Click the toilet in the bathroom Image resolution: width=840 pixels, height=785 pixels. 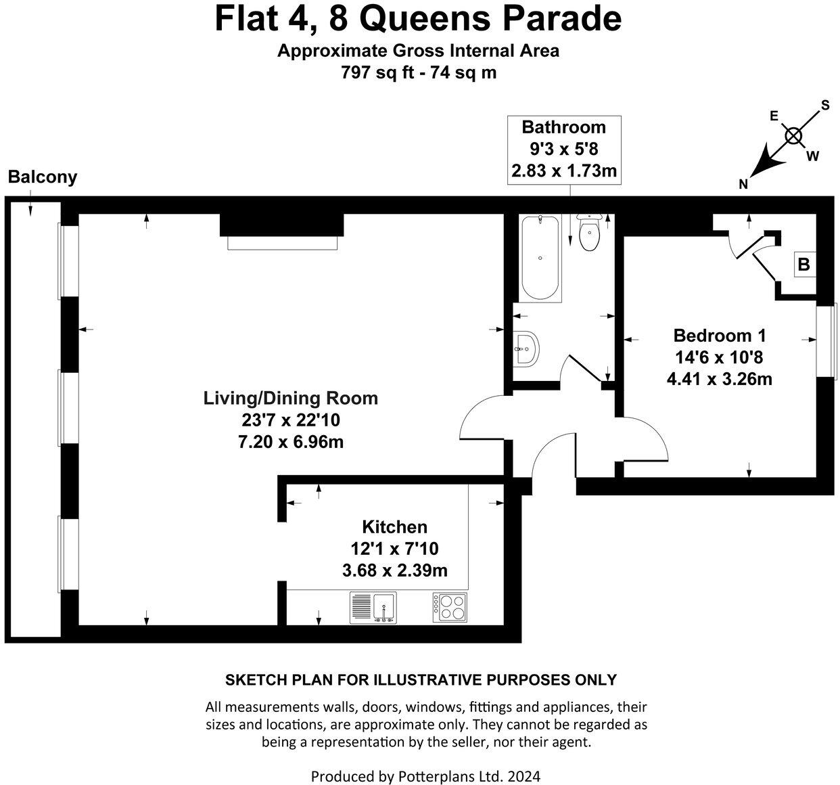coord(590,233)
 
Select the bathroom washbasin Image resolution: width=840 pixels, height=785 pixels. coord(525,348)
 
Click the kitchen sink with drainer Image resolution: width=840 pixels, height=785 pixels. coord(374,607)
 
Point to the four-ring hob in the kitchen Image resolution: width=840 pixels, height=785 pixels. coord(450,607)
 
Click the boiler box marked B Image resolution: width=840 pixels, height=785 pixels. coord(803,264)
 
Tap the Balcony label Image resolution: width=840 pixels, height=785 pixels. coord(43,177)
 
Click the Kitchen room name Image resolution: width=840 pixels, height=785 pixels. coord(394,526)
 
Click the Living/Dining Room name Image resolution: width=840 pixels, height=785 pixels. coord(291,398)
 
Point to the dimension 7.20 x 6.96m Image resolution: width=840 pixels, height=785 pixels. coord(291,442)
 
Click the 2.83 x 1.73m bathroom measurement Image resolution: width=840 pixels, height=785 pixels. coord(564,171)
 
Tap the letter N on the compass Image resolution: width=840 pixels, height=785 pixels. coord(743,184)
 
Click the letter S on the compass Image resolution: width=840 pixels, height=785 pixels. coord(824,105)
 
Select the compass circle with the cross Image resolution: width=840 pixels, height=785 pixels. coord(793,136)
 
